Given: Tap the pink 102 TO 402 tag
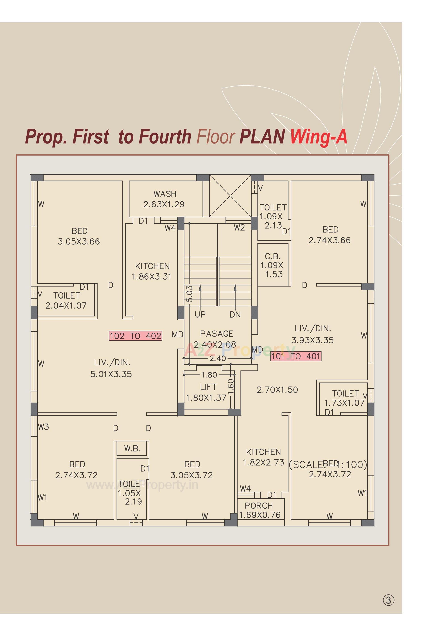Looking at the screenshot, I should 135,336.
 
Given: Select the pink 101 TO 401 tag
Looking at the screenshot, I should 296,356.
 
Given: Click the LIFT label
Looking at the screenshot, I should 208,387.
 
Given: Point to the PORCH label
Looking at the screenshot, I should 259,505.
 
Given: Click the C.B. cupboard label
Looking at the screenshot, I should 273,256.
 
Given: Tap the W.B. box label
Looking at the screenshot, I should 132,449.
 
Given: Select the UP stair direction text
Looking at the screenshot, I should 200,314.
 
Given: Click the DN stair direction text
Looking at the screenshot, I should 235,315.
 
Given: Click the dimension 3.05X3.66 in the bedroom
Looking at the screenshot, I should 79,241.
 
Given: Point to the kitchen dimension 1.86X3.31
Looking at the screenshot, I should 151,276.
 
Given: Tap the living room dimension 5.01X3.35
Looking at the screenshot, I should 111,374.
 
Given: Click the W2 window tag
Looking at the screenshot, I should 239,228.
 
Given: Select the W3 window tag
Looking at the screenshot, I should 43,427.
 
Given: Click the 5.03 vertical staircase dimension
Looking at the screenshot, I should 190,294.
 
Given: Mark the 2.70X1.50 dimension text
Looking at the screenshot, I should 277,390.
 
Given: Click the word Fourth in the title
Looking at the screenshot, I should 165,137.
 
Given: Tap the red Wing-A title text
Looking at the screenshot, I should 319,137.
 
